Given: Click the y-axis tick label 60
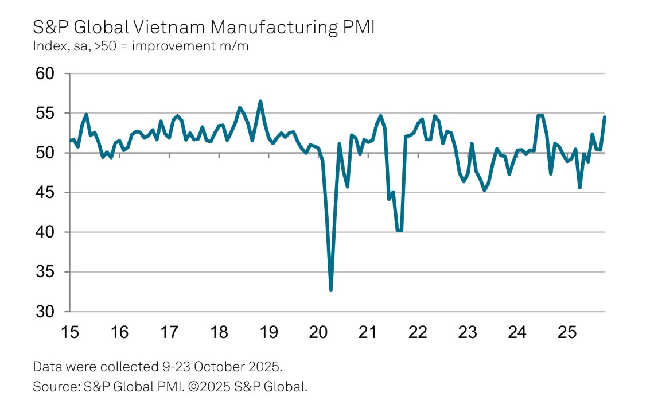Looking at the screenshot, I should click(45, 74).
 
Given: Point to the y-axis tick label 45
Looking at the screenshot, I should click(45, 193).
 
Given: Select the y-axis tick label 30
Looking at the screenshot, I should click(45, 312).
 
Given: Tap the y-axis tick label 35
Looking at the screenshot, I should click(45, 272).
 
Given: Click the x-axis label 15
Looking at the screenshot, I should click(69, 333).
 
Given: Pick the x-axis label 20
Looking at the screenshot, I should click(318, 333).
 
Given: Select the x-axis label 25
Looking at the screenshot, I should click(567, 333).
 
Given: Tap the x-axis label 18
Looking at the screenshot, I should click(219, 333).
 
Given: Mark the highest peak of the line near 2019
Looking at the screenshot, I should click(260, 102).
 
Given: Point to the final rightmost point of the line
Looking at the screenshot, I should click(605, 117).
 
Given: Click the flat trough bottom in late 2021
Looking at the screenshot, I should click(399, 231).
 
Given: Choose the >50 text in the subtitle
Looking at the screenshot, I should click(106, 46).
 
